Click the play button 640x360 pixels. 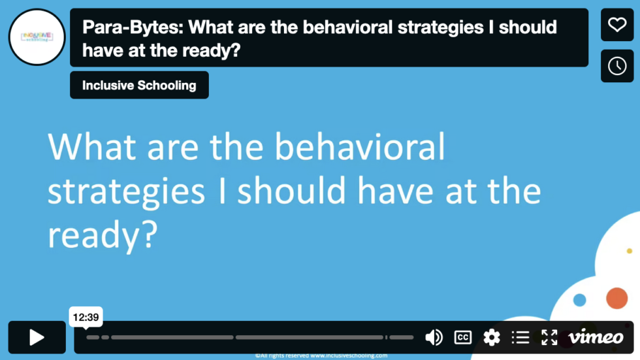(37, 337)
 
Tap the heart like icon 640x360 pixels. (617, 25)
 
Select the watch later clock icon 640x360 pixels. (617, 66)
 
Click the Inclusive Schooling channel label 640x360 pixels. (139, 85)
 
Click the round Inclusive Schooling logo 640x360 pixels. (37, 37)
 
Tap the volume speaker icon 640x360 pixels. (434, 337)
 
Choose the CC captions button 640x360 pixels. (462, 337)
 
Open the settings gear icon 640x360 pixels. (491, 337)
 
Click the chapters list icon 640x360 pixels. (520, 337)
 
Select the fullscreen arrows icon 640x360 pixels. (549, 337)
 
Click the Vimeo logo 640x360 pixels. (596, 337)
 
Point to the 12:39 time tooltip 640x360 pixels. (86, 318)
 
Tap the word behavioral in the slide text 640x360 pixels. (359, 147)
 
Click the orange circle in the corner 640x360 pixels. (616, 298)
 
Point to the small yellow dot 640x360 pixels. (630, 251)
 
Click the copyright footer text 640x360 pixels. (321, 356)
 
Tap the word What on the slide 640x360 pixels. (93, 147)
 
